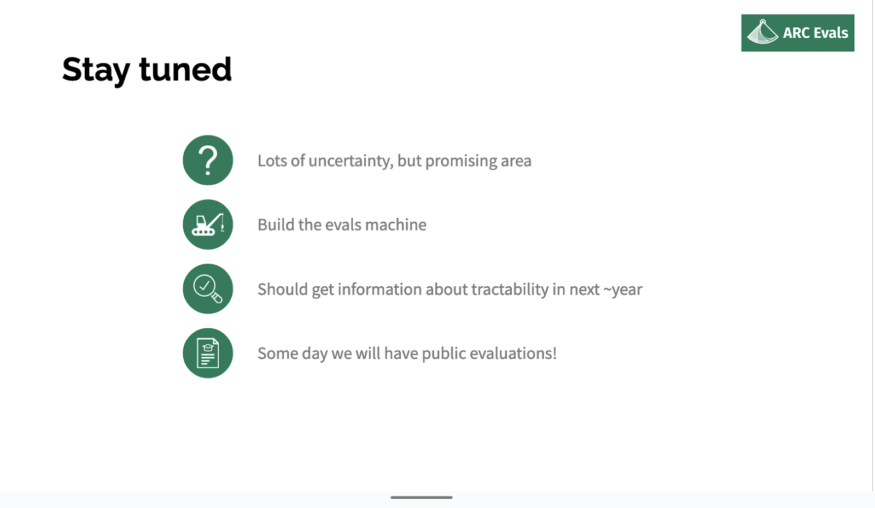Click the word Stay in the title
[x=96, y=70]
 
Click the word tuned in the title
[x=185, y=69]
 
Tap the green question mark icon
[x=208, y=160]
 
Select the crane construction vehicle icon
[x=208, y=225]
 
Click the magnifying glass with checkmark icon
[x=208, y=289]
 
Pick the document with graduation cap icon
[x=208, y=353]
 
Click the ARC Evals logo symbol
[x=762, y=32]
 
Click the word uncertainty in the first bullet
[x=351, y=161]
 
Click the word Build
[x=276, y=225]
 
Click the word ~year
[x=623, y=290]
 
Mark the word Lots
[x=272, y=161]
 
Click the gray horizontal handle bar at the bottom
[x=422, y=498]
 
